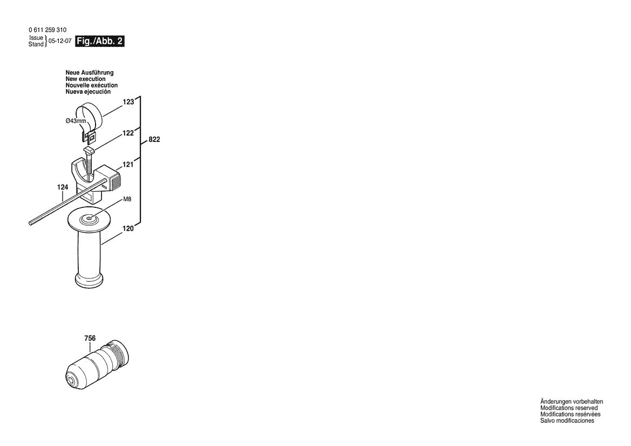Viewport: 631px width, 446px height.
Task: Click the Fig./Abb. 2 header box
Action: (x=101, y=41)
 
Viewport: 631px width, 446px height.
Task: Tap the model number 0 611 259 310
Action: (x=48, y=30)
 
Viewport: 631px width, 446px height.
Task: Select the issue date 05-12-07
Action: (x=60, y=41)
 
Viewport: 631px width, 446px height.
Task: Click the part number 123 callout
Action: (x=127, y=101)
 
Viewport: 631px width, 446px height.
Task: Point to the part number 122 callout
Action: (x=127, y=132)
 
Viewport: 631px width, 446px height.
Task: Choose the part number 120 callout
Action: (x=127, y=229)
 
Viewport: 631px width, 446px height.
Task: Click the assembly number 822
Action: (x=154, y=139)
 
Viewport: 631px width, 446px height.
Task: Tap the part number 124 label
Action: (x=63, y=187)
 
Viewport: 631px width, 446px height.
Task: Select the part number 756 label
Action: (x=90, y=339)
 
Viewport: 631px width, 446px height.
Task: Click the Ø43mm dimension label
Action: (x=76, y=121)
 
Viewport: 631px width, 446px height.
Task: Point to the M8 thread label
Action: (x=127, y=199)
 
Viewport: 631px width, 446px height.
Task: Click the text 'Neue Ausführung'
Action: (x=90, y=72)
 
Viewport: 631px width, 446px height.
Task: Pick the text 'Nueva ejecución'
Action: (x=88, y=92)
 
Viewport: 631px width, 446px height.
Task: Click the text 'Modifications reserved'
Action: (x=569, y=408)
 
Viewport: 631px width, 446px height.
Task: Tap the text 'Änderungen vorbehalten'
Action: (x=572, y=402)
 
